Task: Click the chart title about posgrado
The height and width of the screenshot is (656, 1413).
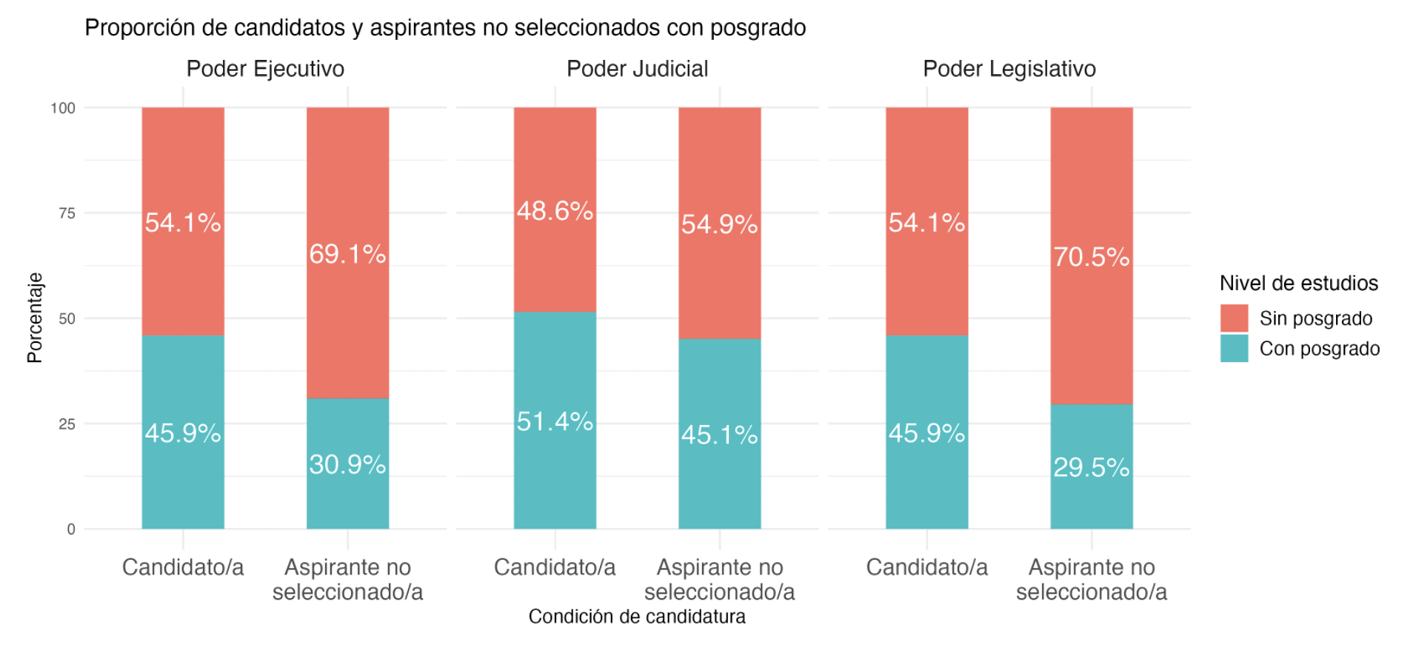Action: point(445,28)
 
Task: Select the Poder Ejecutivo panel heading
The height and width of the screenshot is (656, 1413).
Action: point(265,69)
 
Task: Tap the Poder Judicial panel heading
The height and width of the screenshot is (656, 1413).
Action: point(637,69)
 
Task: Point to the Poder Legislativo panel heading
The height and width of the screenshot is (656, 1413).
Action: point(1009,69)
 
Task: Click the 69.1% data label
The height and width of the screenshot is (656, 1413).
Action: point(347,254)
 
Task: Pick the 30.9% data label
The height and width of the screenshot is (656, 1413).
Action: point(347,464)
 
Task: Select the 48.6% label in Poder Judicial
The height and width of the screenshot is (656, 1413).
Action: point(555,211)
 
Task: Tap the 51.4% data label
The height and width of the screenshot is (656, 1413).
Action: point(555,421)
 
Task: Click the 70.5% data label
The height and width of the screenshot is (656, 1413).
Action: point(1091,257)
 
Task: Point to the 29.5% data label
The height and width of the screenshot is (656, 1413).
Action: point(1091,467)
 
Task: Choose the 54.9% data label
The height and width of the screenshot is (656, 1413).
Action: point(719,224)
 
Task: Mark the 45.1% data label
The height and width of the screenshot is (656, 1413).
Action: point(719,435)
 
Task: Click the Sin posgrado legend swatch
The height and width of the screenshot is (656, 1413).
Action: point(1234,318)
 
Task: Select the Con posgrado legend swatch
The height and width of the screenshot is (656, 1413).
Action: point(1234,349)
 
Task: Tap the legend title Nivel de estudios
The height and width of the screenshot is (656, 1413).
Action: point(1298,284)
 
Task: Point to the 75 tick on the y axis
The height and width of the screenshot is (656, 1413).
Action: point(67,214)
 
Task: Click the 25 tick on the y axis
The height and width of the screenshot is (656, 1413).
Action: point(67,424)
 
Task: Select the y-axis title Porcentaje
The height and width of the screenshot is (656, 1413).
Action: point(35,318)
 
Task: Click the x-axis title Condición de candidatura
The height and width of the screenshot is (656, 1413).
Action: point(637,617)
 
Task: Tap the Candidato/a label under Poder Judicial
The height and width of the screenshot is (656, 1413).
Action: point(555,567)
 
